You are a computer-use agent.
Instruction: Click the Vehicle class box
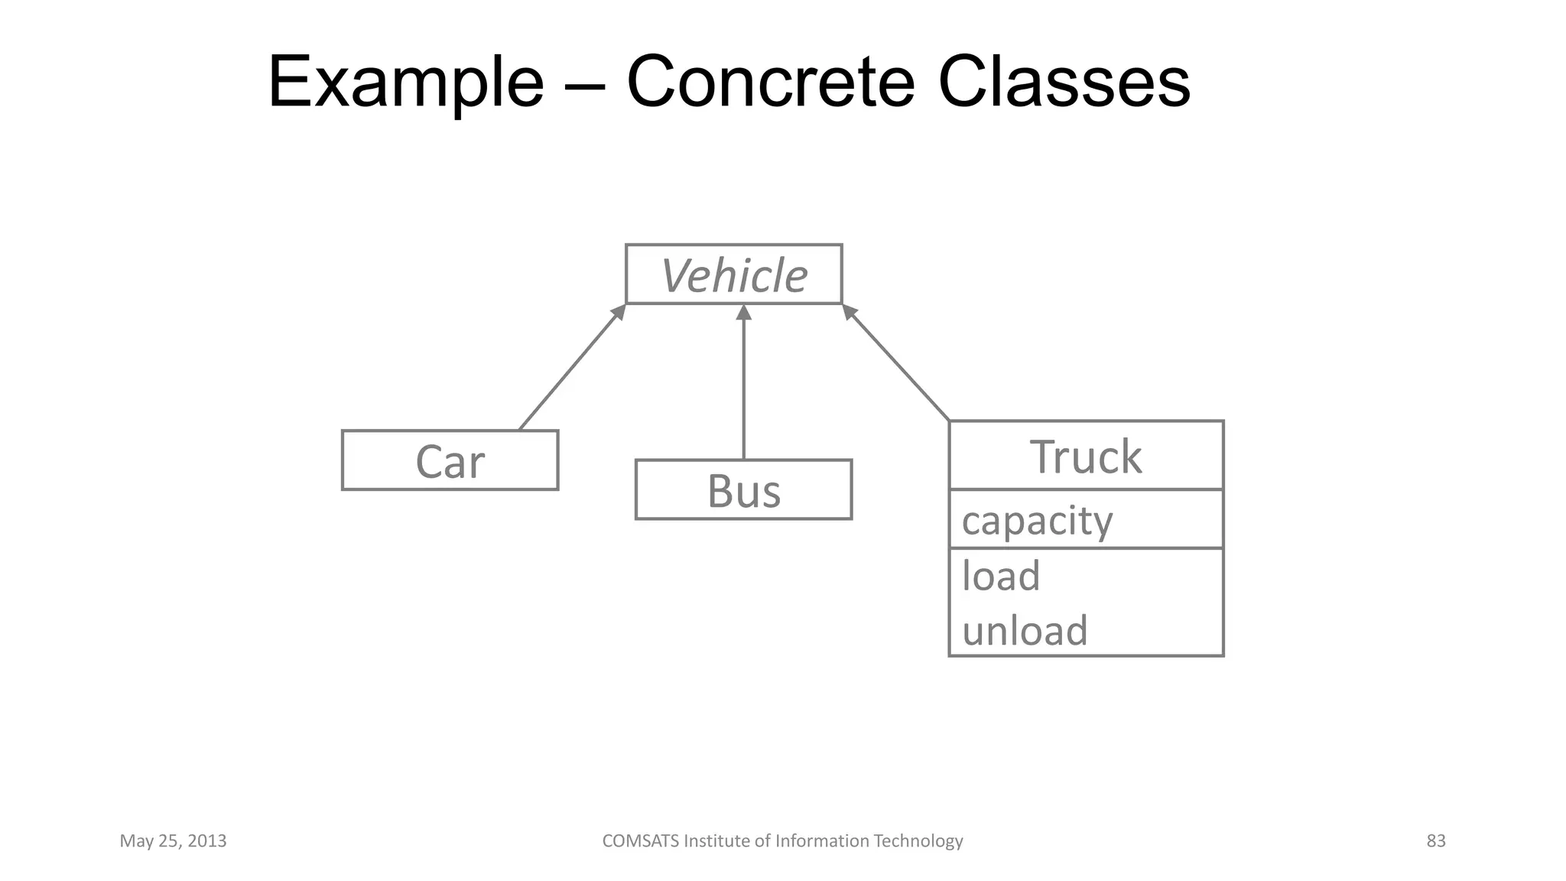coord(733,275)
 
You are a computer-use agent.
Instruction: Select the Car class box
coord(450,460)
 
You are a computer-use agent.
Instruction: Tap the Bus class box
coord(743,490)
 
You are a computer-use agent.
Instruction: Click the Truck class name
coord(1086,457)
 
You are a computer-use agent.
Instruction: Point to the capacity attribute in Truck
coord(1037,521)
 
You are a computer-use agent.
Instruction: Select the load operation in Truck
coord(1001,576)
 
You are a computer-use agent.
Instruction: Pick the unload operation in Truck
coord(1025,631)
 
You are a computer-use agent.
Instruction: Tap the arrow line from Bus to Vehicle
coord(744,390)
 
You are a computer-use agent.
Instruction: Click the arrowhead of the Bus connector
coord(744,312)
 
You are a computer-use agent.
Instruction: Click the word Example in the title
coord(406,83)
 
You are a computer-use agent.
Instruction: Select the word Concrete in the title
coord(770,83)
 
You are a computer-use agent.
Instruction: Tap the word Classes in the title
coord(1064,83)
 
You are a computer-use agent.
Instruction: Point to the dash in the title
coord(585,86)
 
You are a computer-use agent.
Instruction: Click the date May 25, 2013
coord(173,841)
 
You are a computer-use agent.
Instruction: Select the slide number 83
coord(1436,841)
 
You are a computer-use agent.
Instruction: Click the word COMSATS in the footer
coord(640,841)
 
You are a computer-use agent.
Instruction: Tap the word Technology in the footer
coord(918,841)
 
